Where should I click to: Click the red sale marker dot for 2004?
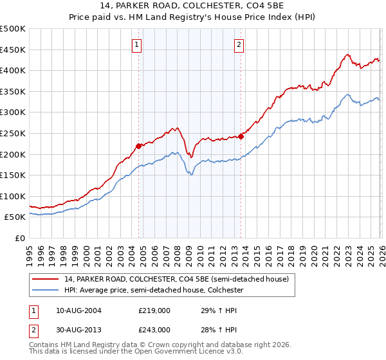[x=138, y=146]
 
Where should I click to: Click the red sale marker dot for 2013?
[x=241, y=136]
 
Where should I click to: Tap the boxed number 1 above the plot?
[x=138, y=44]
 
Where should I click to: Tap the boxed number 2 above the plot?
[x=239, y=44]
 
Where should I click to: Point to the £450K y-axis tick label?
[x=13, y=50]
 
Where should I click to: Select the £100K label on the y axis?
[x=13, y=196]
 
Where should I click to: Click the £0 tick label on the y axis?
[x=21, y=239]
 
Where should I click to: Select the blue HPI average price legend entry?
[x=154, y=291]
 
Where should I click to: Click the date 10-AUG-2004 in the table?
[x=78, y=310]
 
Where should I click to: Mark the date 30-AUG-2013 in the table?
[x=78, y=329]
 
